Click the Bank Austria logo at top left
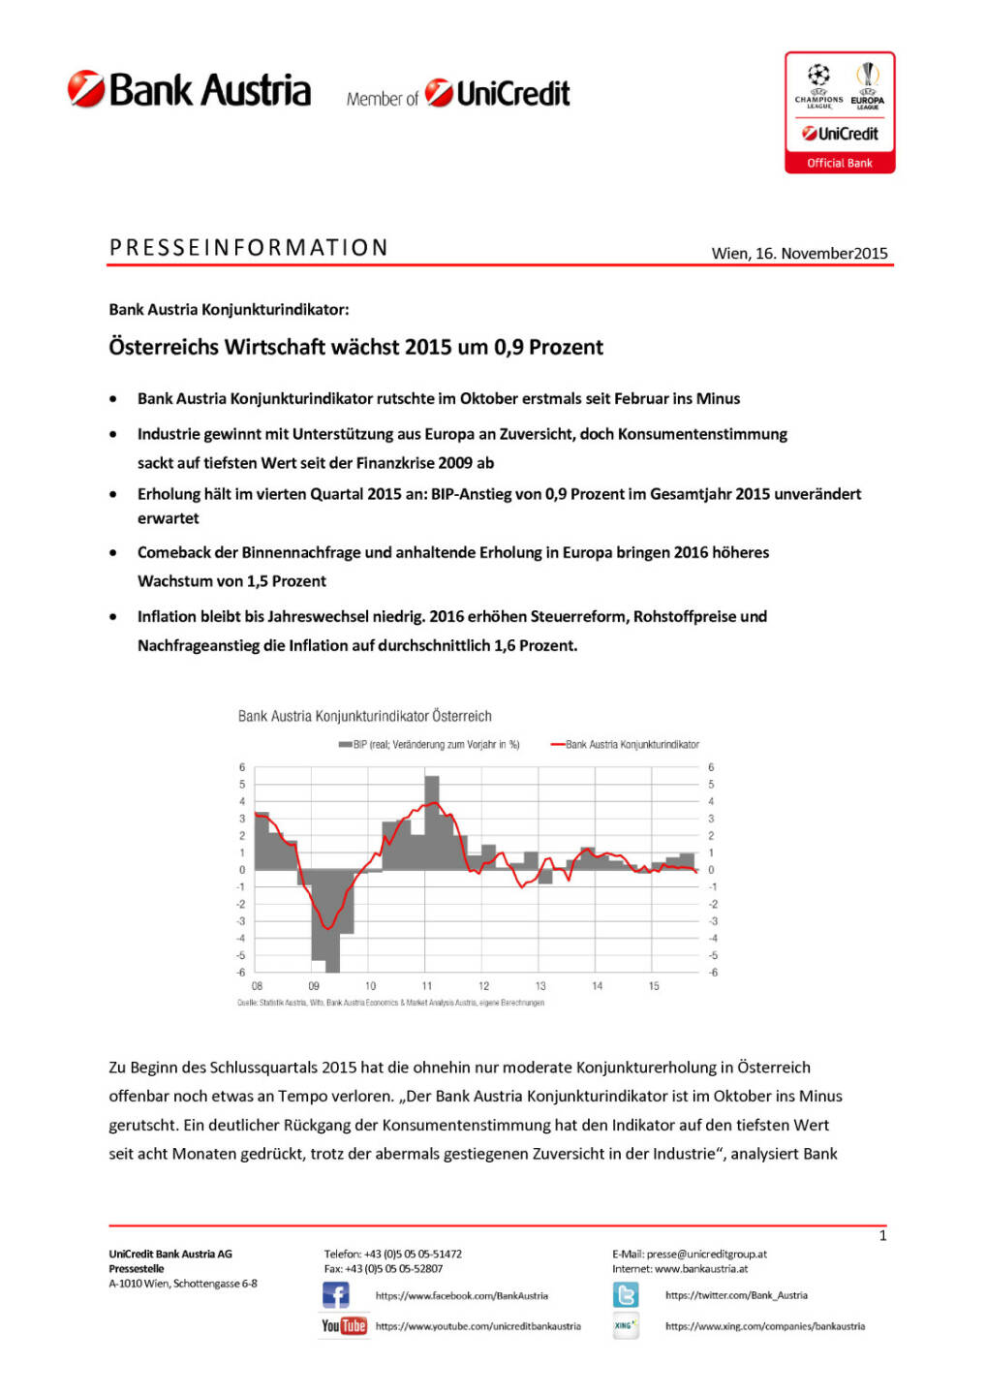pyautogui.click(x=189, y=89)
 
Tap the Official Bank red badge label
pyautogui.click(x=840, y=163)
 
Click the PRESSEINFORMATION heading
pyautogui.click(x=249, y=248)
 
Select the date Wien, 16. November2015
pyautogui.click(x=799, y=253)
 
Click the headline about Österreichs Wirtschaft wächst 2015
pyautogui.click(x=355, y=347)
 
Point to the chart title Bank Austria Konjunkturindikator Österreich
pyautogui.click(x=364, y=716)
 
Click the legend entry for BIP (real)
pyautogui.click(x=429, y=745)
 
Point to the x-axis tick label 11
pyautogui.click(x=427, y=986)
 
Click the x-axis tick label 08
pyautogui.click(x=257, y=986)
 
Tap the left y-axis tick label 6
pyautogui.click(x=242, y=767)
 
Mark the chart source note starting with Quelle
pyautogui.click(x=390, y=1003)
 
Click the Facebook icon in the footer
pyautogui.click(x=335, y=1295)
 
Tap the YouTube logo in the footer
pyautogui.click(x=344, y=1325)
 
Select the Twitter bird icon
pyautogui.click(x=626, y=1295)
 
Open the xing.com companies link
pyautogui.click(x=764, y=1326)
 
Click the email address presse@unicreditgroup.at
pyautogui.click(x=706, y=1254)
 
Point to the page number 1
pyautogui.click(x=882, y=1235)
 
